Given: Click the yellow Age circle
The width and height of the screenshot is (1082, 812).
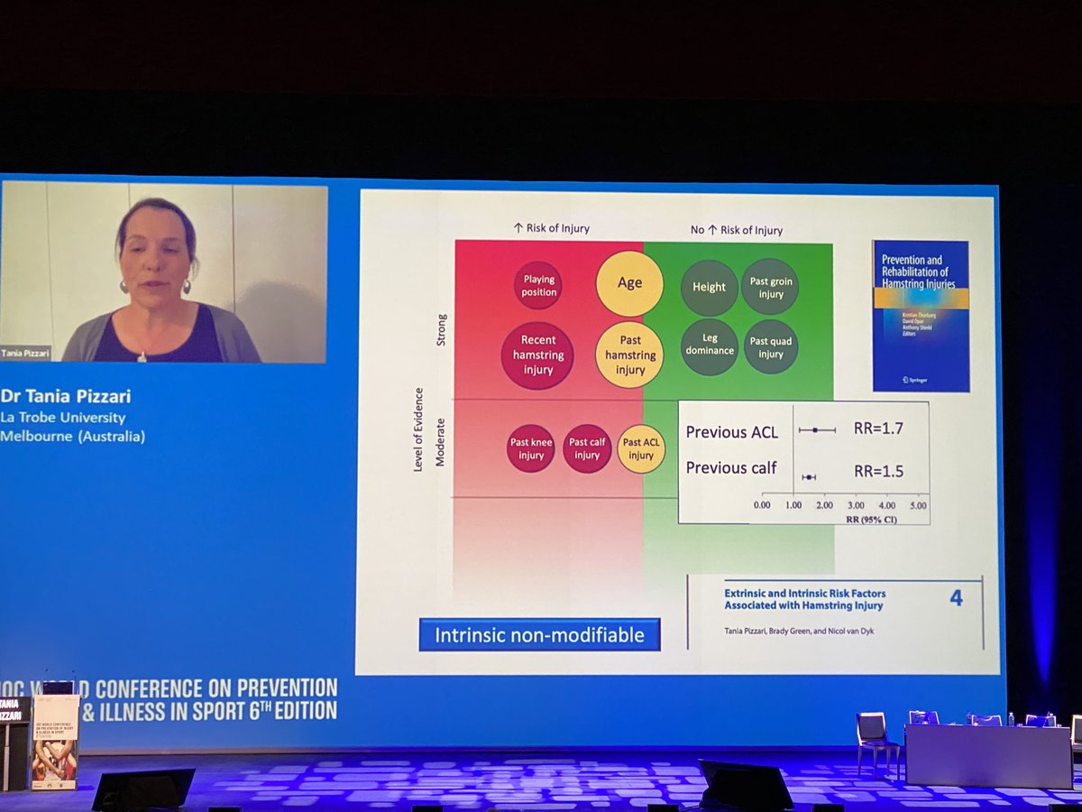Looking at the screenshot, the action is pyautogui.click(x=629, y=283).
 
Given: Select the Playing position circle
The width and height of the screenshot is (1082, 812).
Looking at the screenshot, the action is pyautogui.click(x=539, y=286).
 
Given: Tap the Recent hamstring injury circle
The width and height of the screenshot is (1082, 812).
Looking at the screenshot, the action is pyautogui.click(x=537, y=355).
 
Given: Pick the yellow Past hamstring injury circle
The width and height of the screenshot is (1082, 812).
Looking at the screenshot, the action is pyautogui.click(x=630, y=355).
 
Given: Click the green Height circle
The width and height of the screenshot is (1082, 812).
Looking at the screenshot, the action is pyautogui.click(x=710, y=287).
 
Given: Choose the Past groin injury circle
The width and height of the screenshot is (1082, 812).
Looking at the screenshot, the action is pyautogui.click(x=770, y=287).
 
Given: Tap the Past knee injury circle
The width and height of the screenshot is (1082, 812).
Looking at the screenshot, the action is pyautogui.click(x=531, y=448).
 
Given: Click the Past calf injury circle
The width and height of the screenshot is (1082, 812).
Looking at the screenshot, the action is pyautogui.click(x=587, y=448).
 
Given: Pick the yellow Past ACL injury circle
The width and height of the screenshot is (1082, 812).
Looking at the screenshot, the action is pyautogui.click(x=641, y=448).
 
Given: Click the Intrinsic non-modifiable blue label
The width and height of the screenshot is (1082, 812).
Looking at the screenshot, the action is pyautogui.click(x=539, y=634).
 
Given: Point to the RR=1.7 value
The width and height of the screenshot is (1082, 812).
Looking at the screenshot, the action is pyautogui.click(x=877, y=429).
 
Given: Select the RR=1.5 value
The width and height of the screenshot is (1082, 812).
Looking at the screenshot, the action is pyautogui.click(x=878, y=470).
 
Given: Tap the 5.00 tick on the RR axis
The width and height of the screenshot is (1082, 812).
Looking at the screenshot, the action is pyautogui.click(x=917, y=506).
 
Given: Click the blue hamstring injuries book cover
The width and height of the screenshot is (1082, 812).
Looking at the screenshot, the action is pyautogui.click(x=920, y=315).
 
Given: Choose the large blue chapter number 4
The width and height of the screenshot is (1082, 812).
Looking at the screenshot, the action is pyautogui.click(x=956, y=597).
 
